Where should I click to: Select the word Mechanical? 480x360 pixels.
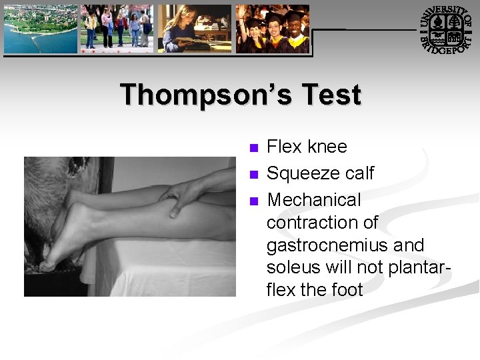point(313,200)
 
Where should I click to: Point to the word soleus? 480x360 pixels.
point(291,268)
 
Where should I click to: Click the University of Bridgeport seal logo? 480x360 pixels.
point(445,29)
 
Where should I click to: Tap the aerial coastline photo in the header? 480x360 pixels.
point(40,29)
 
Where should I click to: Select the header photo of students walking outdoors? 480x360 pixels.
point(117,29)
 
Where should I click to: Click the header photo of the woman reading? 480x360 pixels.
point(195,29)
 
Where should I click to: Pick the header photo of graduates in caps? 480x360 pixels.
point(273,29)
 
